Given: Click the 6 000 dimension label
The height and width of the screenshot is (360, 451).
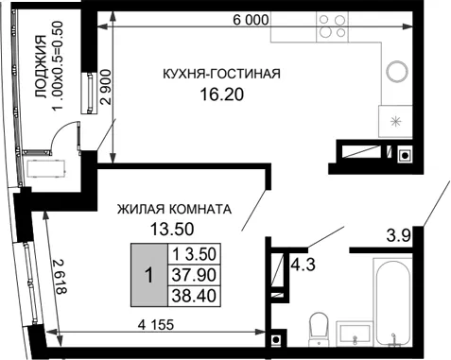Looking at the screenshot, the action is pos(251,20).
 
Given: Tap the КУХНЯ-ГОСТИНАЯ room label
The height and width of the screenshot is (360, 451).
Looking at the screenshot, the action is pos(221,74).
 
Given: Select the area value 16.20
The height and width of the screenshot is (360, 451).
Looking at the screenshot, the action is pos(222,94).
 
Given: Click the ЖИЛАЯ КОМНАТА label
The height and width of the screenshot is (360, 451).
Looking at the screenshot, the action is pos(174,209).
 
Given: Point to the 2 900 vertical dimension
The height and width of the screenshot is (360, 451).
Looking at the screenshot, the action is pos(105,87).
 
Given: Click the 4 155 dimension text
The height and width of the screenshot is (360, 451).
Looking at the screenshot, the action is pos(156,324).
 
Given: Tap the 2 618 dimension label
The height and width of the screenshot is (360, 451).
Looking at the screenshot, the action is pos(60,277).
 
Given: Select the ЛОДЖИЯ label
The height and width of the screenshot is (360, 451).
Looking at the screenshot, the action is pos(40,66).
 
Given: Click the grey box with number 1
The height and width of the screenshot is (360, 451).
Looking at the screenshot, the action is pos(149,275).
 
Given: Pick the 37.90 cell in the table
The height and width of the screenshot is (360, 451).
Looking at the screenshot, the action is pos(194,275).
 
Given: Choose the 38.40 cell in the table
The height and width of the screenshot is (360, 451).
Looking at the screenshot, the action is pos(194,296).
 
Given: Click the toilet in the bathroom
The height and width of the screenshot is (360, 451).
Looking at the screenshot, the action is pos(320,330).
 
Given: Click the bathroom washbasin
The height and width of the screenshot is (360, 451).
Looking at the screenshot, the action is pos(355,334).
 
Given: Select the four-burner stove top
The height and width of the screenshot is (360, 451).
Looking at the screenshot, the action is pos(332,26).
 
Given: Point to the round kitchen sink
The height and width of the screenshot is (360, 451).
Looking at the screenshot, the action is pos(397,72).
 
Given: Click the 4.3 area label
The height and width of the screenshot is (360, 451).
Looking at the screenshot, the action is pos(303,265).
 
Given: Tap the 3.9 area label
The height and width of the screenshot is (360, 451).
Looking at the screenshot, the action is pos(399,235).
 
